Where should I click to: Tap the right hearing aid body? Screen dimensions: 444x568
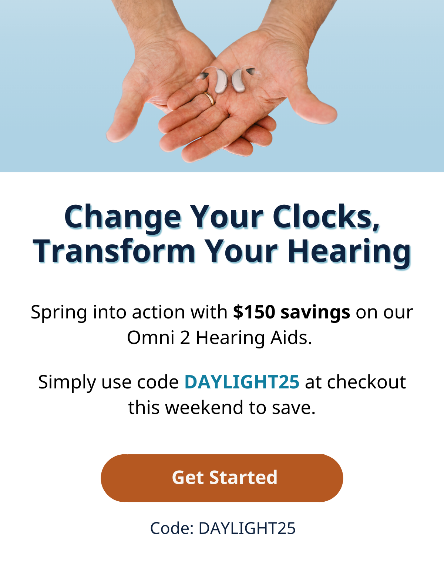[x=238, y=81]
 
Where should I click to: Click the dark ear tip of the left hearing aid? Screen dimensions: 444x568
[x=203, y=76]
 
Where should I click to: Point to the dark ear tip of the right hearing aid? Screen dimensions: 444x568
[x=250, y=71]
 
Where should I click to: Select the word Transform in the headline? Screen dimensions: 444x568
[x=114, y=251]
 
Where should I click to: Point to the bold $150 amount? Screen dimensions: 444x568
[x=254, y=312]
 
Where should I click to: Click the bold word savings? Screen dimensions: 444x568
[x=315, y=313]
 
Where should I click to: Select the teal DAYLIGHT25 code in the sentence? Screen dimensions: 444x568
[x=242, y=382]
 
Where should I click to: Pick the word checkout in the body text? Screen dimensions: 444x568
[x=366, y=382]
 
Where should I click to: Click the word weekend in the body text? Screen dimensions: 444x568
[x=204, y=408]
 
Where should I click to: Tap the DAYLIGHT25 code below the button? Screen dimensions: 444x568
[x=247, y=528]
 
